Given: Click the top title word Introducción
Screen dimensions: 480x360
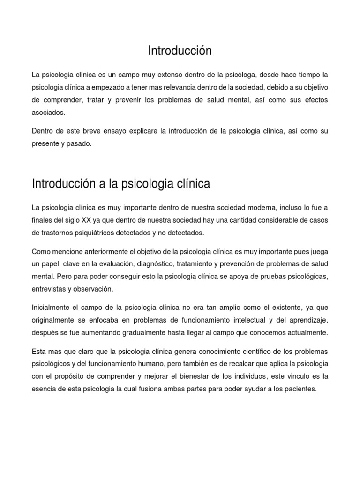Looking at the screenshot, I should click(180, 51).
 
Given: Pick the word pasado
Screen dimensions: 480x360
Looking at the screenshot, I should click(80, 144).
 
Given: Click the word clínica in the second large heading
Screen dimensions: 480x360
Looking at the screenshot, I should click(191, 184).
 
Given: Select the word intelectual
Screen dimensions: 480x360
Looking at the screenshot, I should click(255, 320).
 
